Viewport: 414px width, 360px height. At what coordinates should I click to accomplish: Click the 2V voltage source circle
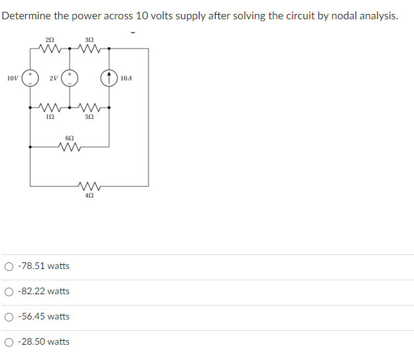click(70, 78)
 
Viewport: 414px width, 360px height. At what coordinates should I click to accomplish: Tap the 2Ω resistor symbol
click(50, 48)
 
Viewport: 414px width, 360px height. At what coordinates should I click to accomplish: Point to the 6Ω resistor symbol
click(70, 146)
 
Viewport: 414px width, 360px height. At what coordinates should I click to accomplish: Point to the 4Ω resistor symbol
click(90, 186)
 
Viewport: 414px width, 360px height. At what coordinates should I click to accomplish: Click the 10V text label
click(12, 78)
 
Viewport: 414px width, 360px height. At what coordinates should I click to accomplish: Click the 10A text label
click(127, 78)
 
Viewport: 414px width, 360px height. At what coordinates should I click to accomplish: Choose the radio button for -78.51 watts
click(9, 266)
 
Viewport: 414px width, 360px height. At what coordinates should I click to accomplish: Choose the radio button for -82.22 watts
click(9, 292)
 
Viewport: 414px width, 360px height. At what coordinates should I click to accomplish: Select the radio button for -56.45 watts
click(9, 317)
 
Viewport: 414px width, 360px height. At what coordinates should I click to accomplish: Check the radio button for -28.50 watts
click(9, 342)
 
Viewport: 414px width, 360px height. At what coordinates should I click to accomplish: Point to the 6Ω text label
click(70, 137)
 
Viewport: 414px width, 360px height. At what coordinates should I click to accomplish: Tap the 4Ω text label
click(90, 196)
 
